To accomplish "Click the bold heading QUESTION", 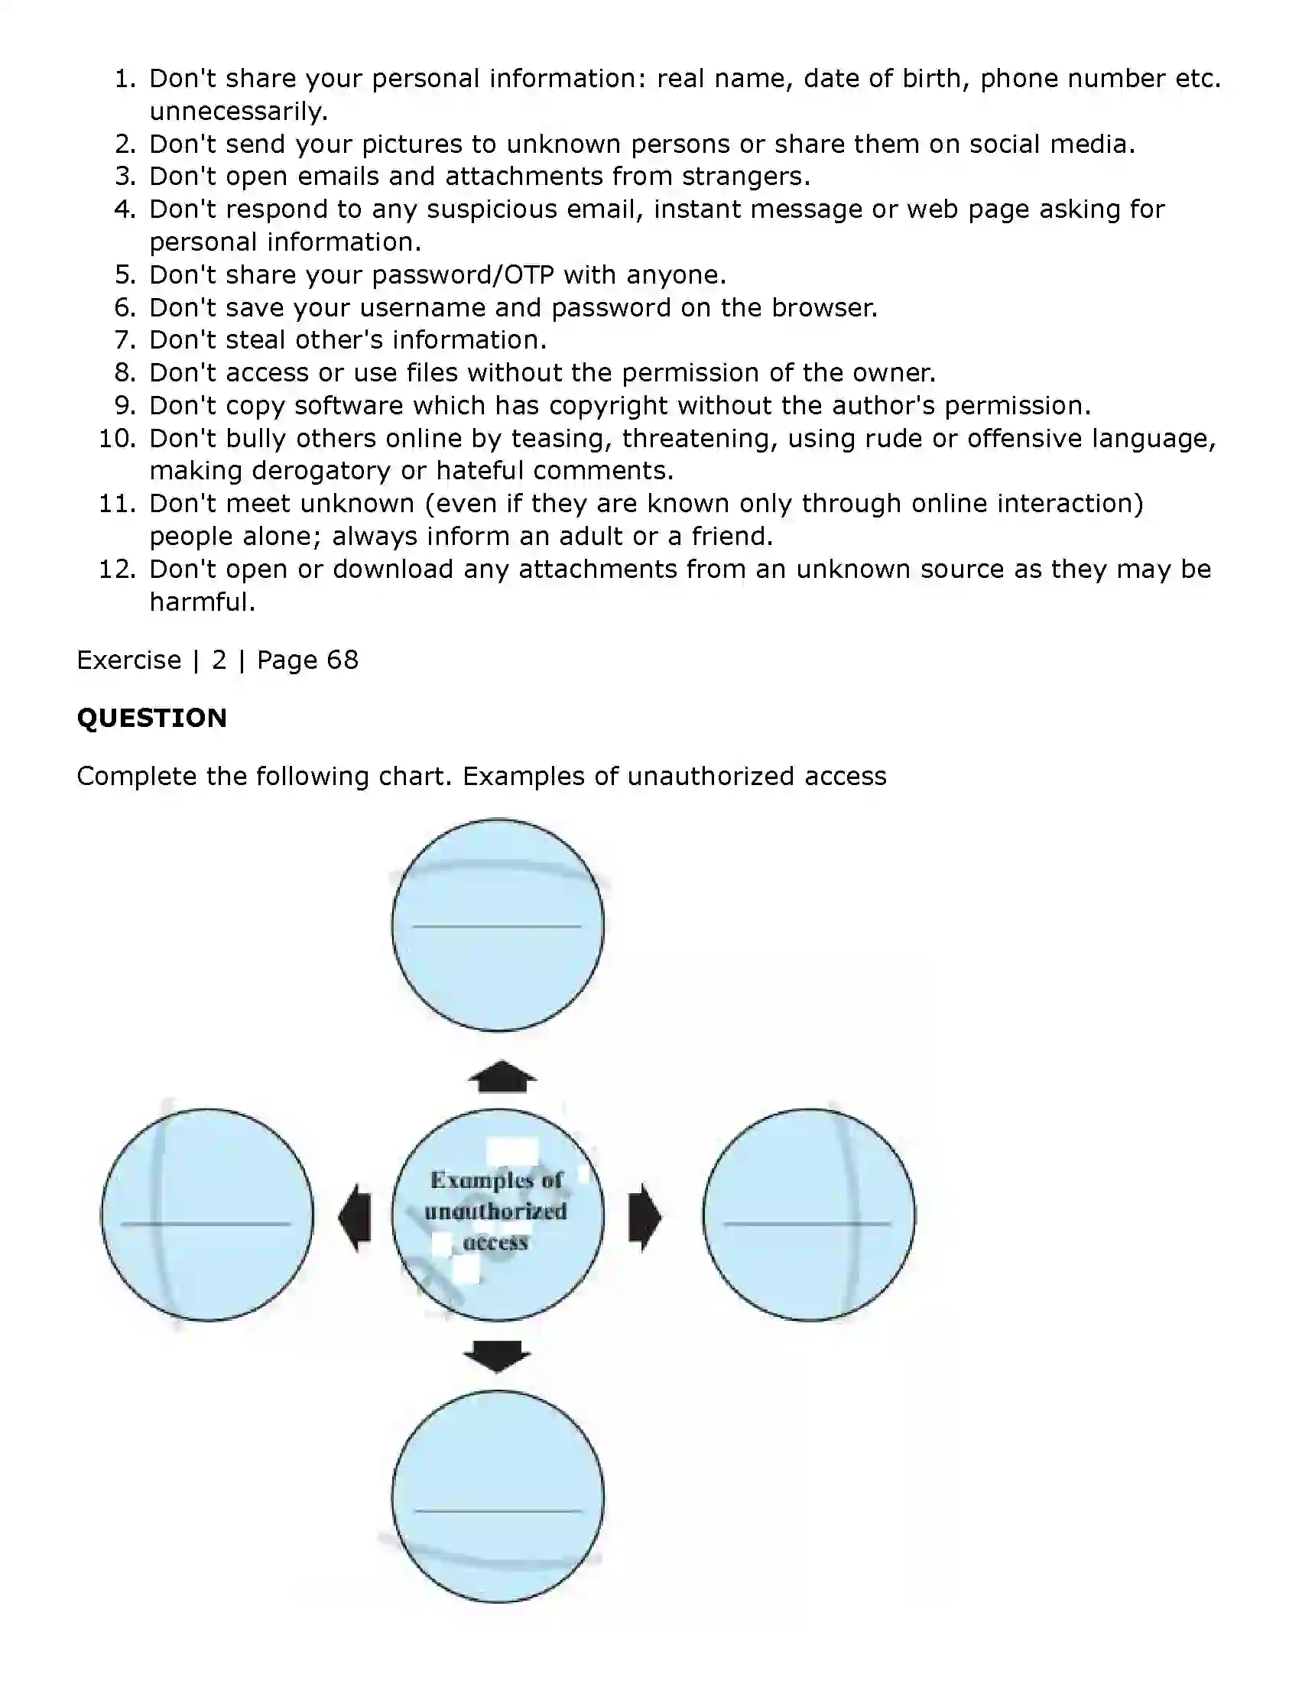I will [x=151, y=718].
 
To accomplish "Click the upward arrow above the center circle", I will [x=502, y=1077].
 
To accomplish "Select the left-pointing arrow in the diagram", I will [x=355, y=1218].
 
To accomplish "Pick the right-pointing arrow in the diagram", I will [x=644, y=1218].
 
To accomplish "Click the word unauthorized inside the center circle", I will [x=496, y=1212].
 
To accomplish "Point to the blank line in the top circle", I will [x=497, y=926].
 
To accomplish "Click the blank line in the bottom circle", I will [x=498, y=1510].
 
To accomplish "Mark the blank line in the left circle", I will [x=206, y=1224].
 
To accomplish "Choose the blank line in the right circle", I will [x=807, y=1224].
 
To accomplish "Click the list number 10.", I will [x=117, y=439].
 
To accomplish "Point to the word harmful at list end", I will [x=200, y=602].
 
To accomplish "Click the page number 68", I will [x=343, y=660].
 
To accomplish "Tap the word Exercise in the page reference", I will [x=128, y=660].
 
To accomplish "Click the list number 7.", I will [x=125, y=340].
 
